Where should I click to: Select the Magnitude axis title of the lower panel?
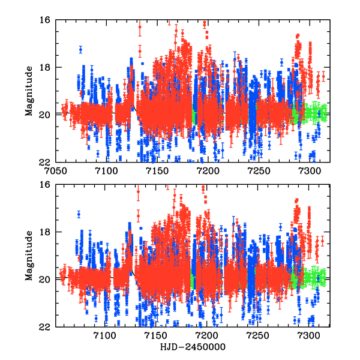coord(28,256)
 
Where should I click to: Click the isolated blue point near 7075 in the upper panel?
coord(80,49)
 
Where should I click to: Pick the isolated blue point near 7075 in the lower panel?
coord(79,214)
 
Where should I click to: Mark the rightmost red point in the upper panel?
coord(323,76)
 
